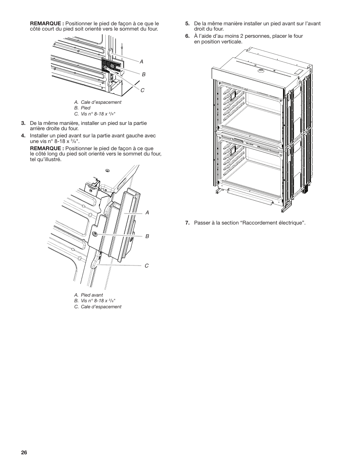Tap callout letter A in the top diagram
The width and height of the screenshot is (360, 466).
tap(142, 61)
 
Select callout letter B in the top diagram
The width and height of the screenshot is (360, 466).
tap(143, 75)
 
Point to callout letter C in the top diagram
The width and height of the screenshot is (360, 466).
tap(143, 90)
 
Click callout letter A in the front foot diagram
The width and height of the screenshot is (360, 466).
tap(147, 213)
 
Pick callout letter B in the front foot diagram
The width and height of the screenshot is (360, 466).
tap(147, 236)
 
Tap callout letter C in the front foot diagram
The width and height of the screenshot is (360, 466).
tap(147, 266)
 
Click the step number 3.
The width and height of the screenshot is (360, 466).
tap(23, 123)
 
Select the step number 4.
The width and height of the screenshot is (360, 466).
tap(23, 136)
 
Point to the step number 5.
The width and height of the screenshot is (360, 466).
tap(187, 23)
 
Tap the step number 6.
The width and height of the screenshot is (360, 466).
tap(187, 36)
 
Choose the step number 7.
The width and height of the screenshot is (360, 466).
tap(187, 223)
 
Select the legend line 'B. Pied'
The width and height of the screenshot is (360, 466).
tap(82, 108)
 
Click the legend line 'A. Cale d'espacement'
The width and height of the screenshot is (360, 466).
tap(98, 102)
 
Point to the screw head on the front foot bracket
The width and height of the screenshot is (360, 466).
tap(95, 234)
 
